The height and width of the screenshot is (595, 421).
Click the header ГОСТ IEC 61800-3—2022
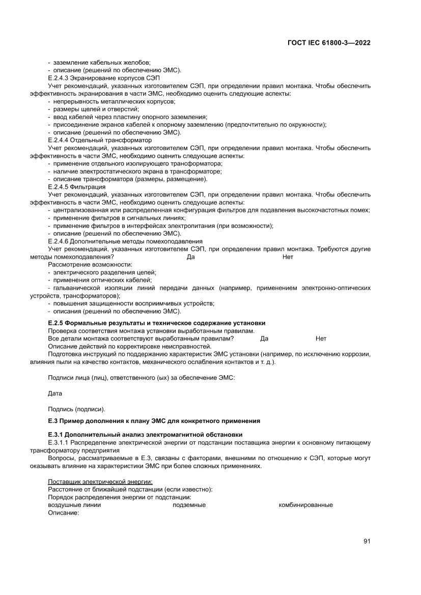[x=329, y=43]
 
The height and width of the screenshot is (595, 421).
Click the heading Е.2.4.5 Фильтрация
[x=76, y=187]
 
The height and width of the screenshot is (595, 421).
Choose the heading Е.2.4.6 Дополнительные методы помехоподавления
[x=125, y=241]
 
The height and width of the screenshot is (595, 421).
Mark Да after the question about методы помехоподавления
[x=191, y=258]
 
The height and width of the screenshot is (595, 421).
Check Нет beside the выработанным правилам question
[x=321, y=338]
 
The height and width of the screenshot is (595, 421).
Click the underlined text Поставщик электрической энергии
[x=100, y=482]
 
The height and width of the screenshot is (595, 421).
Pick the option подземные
[x=189, y=505]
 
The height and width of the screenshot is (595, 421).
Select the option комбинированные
[x=305, y=505]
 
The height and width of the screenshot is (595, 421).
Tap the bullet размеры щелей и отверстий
[x=95, y=109]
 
